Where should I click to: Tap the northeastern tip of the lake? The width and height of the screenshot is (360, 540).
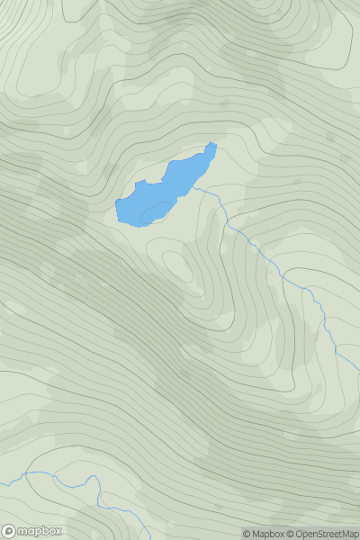pos(212,145)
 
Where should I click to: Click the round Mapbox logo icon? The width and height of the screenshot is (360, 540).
pos(10,531)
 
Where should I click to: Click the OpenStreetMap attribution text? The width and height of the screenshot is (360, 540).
pos(327,534)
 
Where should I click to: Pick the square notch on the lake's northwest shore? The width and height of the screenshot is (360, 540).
pos(139,184)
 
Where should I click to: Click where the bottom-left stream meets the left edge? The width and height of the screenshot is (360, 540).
pos(1,484)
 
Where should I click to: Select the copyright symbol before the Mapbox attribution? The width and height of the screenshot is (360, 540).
pos(247,534)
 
